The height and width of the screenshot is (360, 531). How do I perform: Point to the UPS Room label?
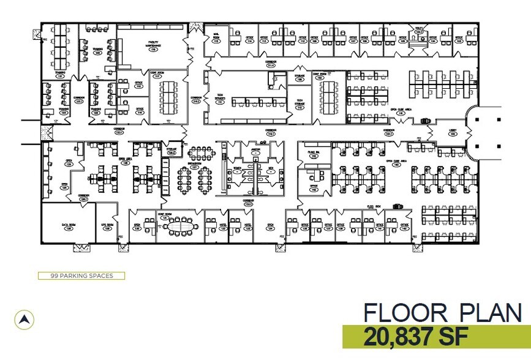pyautogui.click(x=108, y=227)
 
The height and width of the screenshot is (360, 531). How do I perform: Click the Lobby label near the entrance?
pyautogui.click(x=452, y=133)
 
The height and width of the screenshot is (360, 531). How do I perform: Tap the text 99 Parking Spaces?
pyautogui.click(x=81, y=276)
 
